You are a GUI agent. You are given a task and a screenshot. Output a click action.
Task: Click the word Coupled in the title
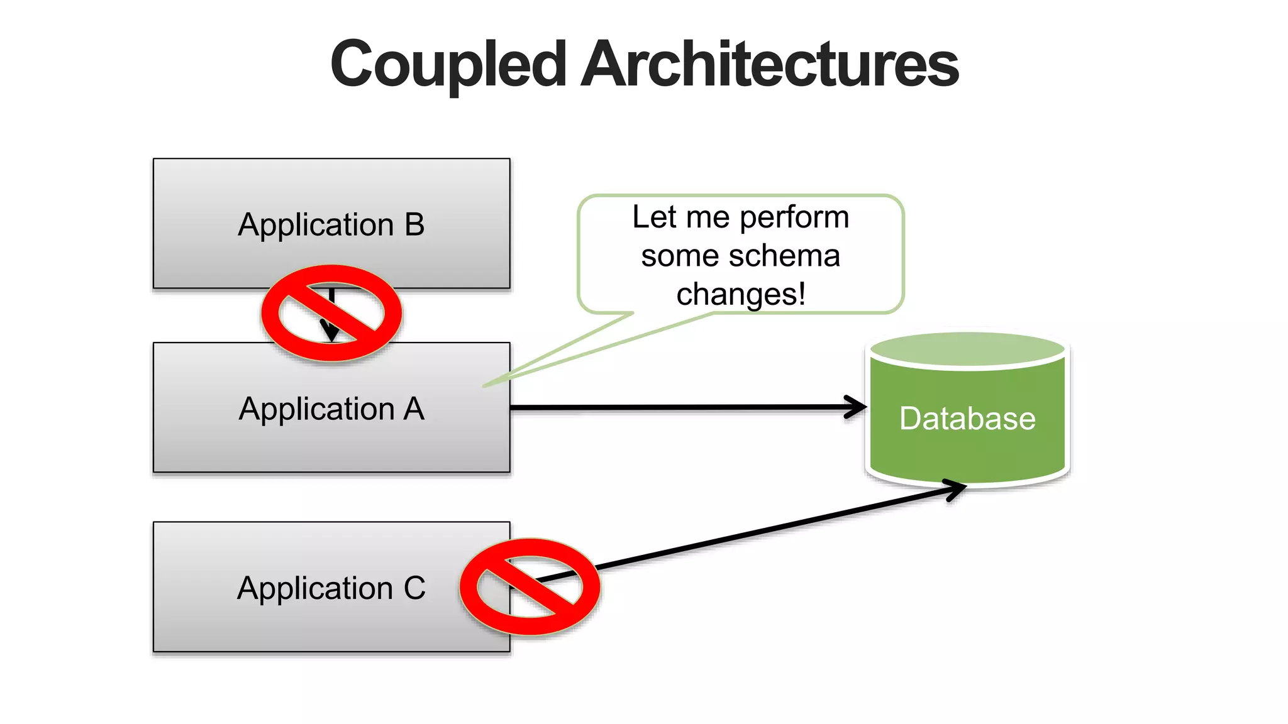point(448,64)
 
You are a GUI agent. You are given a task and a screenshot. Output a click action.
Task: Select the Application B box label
point(331,224)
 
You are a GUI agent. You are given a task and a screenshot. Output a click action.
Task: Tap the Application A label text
point(331,409)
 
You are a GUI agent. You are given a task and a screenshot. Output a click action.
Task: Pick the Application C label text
point(331,588)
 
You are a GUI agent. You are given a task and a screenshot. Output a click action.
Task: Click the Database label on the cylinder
point(967,419)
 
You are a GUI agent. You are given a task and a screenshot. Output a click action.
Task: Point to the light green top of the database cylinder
point(967,349)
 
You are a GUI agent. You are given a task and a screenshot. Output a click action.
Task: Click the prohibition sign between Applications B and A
point(331,313)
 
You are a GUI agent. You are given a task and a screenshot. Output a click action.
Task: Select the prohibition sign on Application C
point(530,586)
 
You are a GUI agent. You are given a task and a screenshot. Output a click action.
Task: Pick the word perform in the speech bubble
point(794,218)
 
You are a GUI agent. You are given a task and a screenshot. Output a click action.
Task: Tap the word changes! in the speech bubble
point(741,294)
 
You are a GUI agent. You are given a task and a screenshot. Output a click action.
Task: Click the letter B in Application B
point(414,224)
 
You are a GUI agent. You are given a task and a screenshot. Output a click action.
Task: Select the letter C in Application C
point(414,588)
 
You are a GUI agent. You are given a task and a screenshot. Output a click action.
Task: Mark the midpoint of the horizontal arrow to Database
point(688,408)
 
